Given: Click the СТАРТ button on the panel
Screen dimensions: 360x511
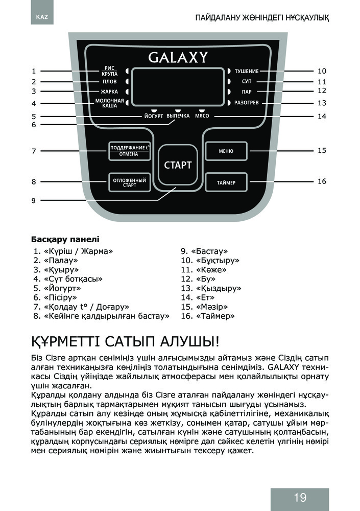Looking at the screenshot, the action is tap(178, 165).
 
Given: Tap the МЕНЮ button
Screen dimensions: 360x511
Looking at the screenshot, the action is tap(226, 151).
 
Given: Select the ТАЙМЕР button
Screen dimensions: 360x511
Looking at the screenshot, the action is tap(226, 182).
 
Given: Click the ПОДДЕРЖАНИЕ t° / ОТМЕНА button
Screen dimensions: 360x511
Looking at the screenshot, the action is tap(129, 151).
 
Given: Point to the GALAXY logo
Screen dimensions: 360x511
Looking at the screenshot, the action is tap(178, 57).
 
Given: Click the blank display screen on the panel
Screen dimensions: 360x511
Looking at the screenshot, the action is tap(178, 87).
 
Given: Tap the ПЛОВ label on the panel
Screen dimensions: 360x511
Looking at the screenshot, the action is tap(109, 81).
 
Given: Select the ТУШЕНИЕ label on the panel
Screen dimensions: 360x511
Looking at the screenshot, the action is tap(247, 71).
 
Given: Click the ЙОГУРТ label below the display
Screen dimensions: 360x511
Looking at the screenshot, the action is tap(154, 116).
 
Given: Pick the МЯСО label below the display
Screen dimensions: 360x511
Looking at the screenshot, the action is tap(202, 115).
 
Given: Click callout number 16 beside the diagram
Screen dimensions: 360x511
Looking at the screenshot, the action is tap(322, 181).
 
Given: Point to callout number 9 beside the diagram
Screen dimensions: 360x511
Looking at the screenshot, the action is tap(34, 200).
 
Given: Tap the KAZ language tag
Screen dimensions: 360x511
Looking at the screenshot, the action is tap(42, 17).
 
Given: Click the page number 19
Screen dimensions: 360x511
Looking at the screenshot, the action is tap(300, 497).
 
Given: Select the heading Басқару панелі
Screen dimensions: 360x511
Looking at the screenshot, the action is tap(65, 239).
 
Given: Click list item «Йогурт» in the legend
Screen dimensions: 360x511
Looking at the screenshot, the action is tap(57, 288).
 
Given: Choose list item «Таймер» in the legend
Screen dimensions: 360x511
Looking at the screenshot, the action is tap(208, 316).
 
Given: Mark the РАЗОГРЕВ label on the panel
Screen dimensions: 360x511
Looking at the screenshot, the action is tap(247, 103).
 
